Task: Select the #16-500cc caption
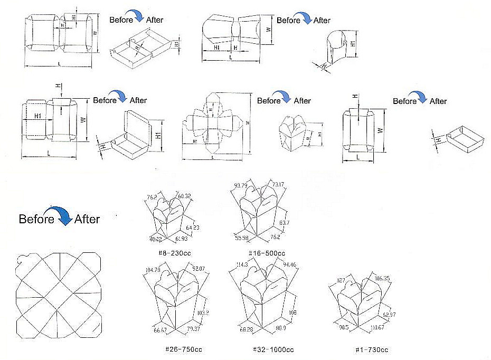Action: click(268, 253)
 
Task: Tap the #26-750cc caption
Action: click(183, 349)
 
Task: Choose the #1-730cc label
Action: click(372, 349)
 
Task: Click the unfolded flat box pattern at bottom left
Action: click(58, 296)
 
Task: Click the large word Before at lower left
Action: click(36, 219)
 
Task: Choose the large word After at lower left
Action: click(87, 219)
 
